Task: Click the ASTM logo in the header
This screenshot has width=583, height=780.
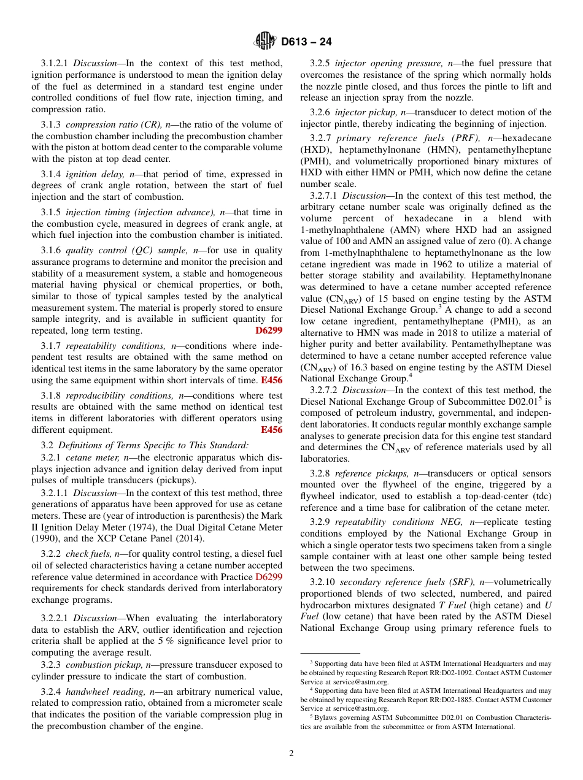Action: [x=265, y=42]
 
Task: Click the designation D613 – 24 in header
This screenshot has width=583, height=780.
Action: [x=306, y=42]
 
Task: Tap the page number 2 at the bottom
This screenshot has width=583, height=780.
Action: [x=291, y=754]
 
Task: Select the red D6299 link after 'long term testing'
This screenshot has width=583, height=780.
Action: [x=269, y=331]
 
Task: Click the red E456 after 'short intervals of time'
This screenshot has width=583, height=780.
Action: [x=271, y=381]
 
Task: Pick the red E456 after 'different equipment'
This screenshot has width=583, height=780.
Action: [x=271, y=430]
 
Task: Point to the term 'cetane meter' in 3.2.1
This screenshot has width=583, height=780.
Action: [x=89, y=457]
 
